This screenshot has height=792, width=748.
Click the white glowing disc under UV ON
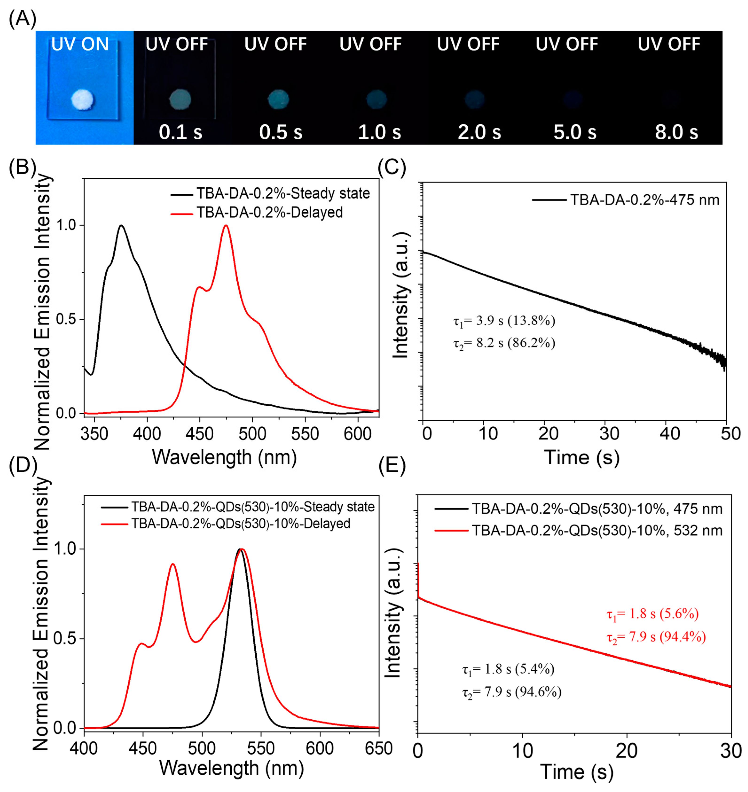(x=82, y=100)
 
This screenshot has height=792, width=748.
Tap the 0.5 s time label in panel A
(x=281, y=132)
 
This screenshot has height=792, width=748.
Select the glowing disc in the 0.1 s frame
(x=180, y=99)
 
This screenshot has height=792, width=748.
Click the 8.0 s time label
(x=676, y=132)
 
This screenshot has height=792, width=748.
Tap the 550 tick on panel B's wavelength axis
(x=305, y=434)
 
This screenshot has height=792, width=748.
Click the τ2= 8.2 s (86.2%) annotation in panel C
(x=504, y=343)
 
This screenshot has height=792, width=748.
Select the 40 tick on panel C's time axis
(x=670, y=434)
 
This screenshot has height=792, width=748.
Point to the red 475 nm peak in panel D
(x=173, y=565)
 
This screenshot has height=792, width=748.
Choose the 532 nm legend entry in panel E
(x=597, y=531)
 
